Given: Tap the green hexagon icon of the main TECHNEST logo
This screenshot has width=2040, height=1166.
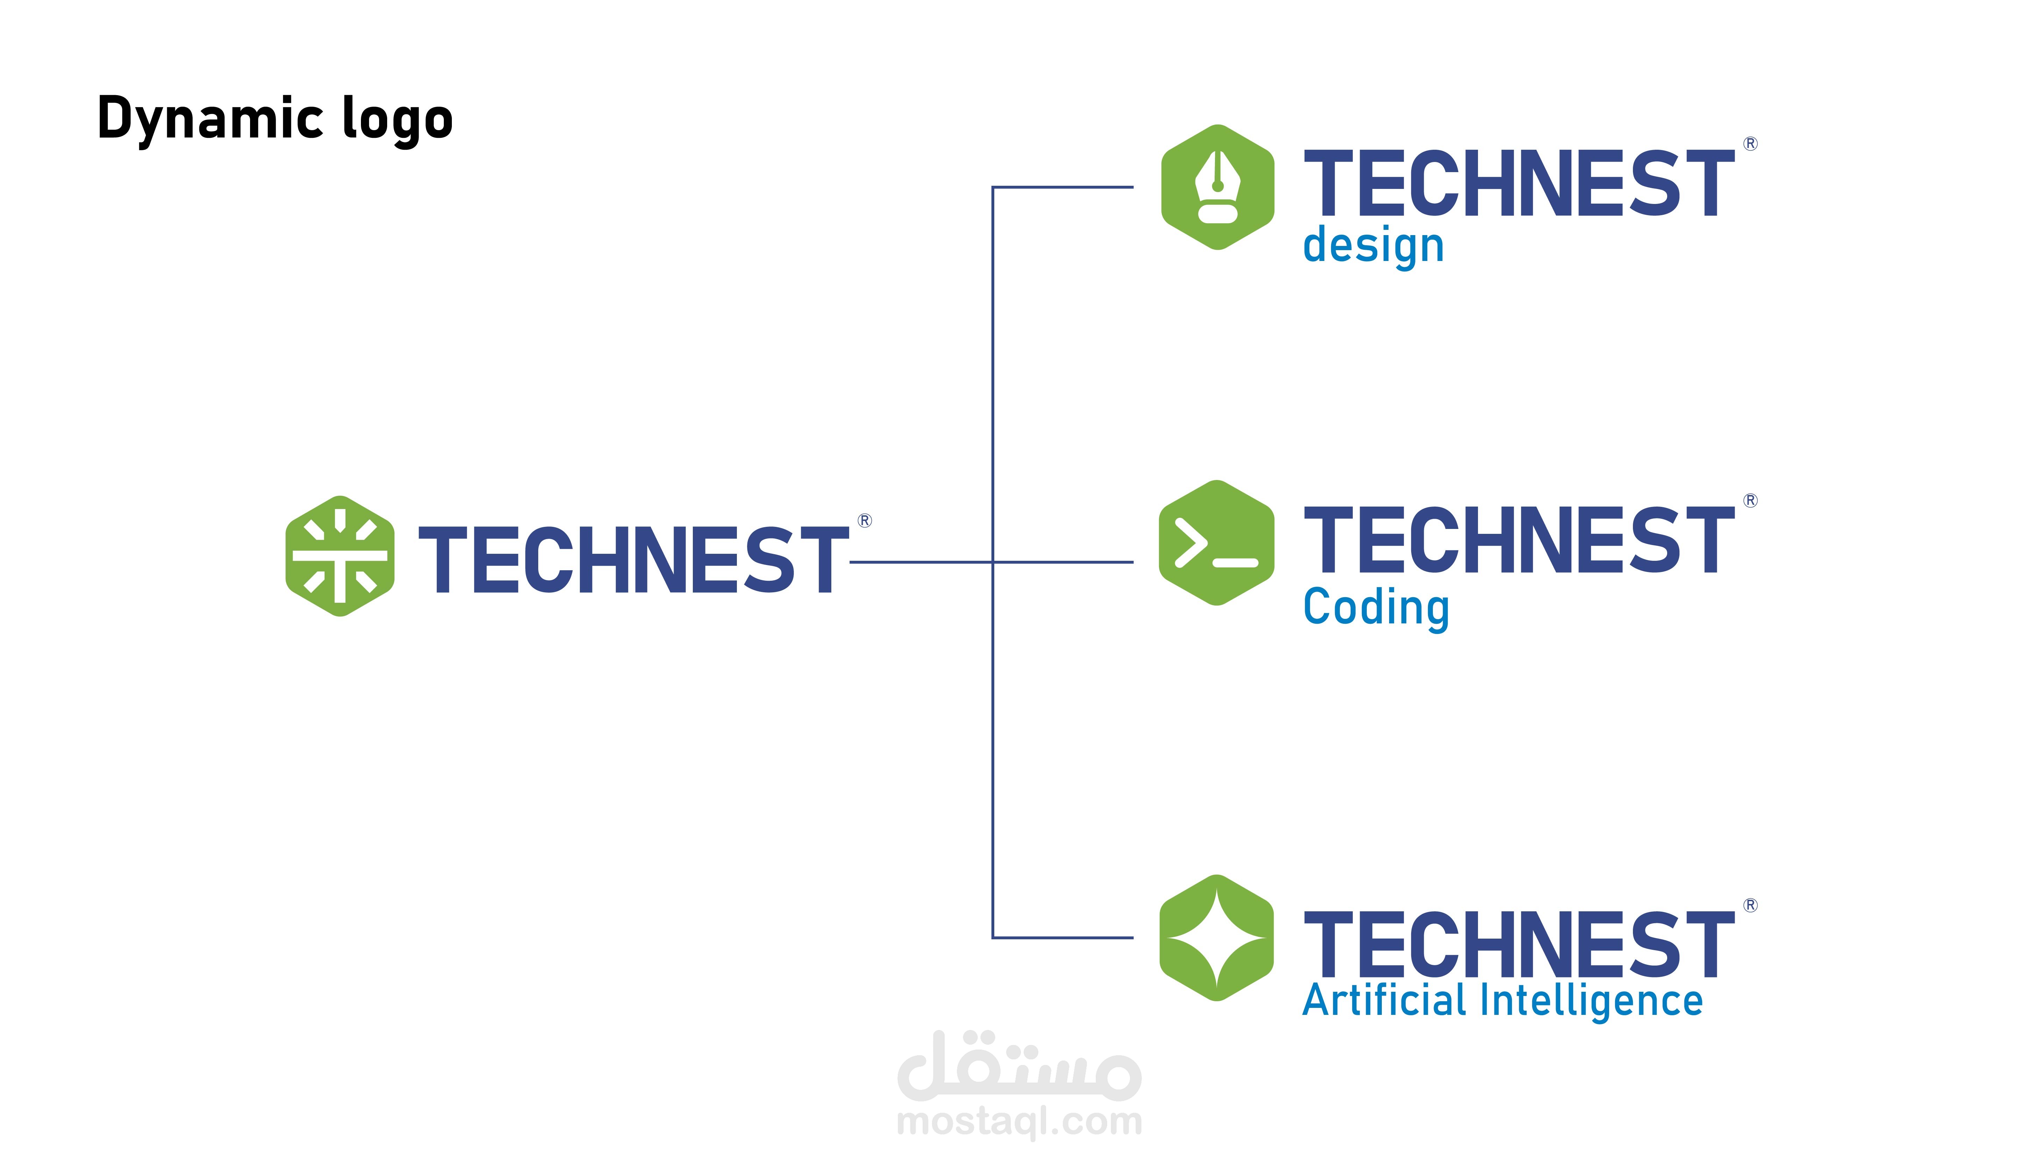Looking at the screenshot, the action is [340, 556].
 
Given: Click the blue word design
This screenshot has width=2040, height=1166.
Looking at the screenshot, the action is [1374, 246].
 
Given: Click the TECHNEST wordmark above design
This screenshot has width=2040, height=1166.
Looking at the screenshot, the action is [1520, 183].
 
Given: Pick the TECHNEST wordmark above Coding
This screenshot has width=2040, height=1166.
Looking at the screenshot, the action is [1520, 540].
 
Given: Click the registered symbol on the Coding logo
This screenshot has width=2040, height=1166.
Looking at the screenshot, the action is [1751, 501].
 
